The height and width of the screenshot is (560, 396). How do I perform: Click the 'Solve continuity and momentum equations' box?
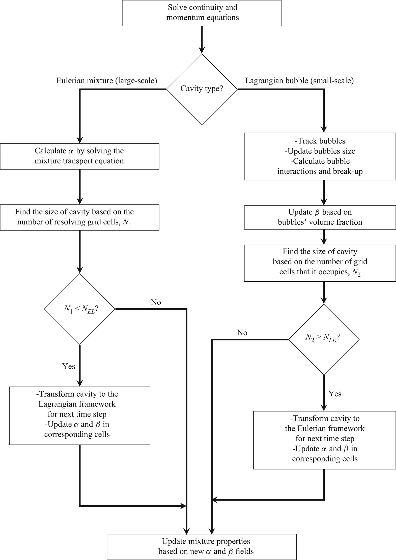(x=202, y=13)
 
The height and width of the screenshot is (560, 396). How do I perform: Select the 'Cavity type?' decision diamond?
(x=202, y=89)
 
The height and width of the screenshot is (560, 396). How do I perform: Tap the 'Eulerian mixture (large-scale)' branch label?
(x=107, y=81)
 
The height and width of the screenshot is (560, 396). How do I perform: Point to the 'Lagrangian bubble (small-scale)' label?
(x=299, y=81)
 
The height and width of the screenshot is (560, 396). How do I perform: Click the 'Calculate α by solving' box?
(x=79, y=156)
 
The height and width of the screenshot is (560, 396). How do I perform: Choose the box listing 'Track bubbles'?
(x=320, y=156)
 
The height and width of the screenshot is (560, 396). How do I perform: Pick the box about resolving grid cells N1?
(x=79, y=217)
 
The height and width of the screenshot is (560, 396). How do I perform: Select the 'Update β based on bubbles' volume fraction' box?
(x=320, y=217)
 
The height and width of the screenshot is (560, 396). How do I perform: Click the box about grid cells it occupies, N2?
(x=320, y=263)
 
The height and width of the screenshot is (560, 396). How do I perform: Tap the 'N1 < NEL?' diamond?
(x=80, y=309)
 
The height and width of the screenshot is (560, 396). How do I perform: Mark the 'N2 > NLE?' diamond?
(x=324, y=339)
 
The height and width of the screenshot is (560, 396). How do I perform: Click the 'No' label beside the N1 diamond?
(x=156, y=302)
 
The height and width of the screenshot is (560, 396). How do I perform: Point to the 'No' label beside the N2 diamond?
(x=242, y=333)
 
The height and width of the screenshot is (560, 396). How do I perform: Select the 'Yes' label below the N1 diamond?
(x=69, y=366)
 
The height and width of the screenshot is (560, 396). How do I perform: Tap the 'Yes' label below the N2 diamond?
(x=335, y=394)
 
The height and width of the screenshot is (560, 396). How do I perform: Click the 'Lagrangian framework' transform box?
(x=80, y=416)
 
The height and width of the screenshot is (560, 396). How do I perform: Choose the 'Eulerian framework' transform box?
(x=325, y=440)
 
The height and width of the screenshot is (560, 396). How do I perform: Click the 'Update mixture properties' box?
(x=202, y=547)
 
